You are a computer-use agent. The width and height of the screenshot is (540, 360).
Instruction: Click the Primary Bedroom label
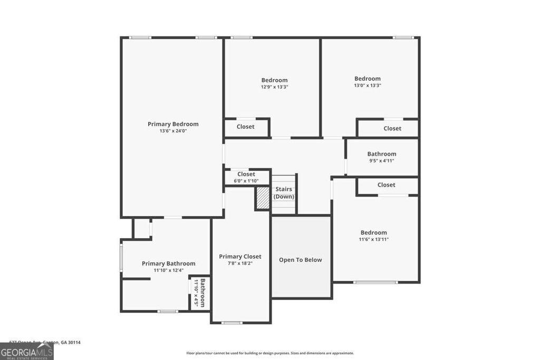pyautogui.click(x=173, y=124)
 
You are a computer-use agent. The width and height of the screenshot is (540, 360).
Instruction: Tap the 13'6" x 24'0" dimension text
pyautogui.click(x=173, y=131)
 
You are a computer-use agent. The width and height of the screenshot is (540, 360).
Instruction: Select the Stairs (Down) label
pyautogui.click(x=284, y=193)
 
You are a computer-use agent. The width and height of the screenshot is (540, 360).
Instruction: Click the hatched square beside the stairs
pyautogui.click(x=263, y=198)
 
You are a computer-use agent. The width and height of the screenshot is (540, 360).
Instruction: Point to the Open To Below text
pyautogui.click(x=301, y=260)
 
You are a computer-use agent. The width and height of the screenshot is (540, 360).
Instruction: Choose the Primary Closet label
pyautogui.click(x=240, y=257)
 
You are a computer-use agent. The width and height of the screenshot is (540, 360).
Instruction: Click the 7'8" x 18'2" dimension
pyautogui.click(x=240, y=264)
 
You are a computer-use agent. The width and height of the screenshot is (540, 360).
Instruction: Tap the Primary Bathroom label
pyautogui.click(x=168, y=264)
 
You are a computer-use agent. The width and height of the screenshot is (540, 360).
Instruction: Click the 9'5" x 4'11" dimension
pyautogui.click(x=381, y=161)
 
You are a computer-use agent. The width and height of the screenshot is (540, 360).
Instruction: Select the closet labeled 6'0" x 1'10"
pyautogui.click(x=246, y=181)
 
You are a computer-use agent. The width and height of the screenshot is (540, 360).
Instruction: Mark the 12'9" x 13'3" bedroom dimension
pyautogui.click(x=274, y=87)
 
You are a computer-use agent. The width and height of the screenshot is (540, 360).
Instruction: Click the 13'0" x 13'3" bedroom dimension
pyautogui.click(x=368, y=85)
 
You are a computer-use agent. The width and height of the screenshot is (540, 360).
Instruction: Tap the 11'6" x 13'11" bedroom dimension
pyautogui.click(x=374, y=239)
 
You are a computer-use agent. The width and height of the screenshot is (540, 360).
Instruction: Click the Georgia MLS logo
pyautogui.click(x=26, y=352)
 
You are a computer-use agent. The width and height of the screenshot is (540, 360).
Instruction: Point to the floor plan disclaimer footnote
pyautogui.click(x=270, y=353)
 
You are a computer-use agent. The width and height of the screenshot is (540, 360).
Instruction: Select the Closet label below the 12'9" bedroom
pyautogui.click(x=246, y=127)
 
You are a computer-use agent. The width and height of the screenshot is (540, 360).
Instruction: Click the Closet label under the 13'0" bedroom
pyautogui.click(x=392, y=129)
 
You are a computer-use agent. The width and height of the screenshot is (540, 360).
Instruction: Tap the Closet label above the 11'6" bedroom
pyautogui.click(x=387, y=185)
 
